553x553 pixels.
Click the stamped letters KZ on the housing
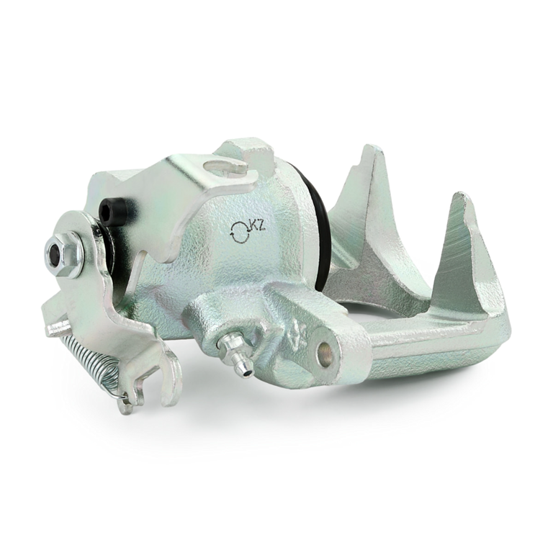click(x=257, y=227)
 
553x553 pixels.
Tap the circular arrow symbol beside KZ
click(x=239, y=232)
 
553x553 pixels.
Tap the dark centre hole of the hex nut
click(x=55, y=253)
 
